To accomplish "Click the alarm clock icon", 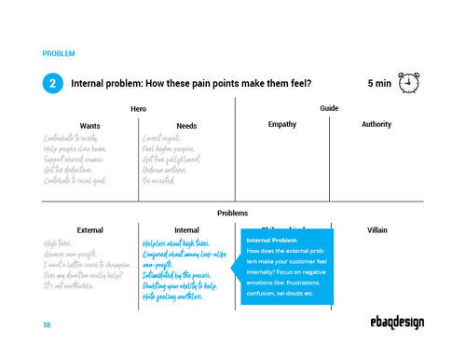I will click(x=408, y=83).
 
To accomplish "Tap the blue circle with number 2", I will click(x=53, y=83).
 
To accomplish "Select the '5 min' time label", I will click(x=378, y=84).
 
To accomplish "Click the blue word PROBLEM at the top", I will click(x=59, y=53).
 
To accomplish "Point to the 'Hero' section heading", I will click(x=138, y=109).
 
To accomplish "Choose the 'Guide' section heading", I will click(x=329, y=109).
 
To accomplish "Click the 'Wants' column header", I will click(x=89, y=125).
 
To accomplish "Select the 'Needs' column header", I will click(x=186, y=125).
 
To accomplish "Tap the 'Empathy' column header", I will click(x=281, y=125).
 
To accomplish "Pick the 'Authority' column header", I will click(x=377, y=125).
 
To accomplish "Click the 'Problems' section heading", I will click(x=232, y=213).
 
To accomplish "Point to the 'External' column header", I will click(x=89, y=229).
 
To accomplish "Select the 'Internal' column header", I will click(x=186, y=229).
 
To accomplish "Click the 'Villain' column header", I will click(x=377, y=229).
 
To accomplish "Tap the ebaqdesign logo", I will click(x=396, y=323).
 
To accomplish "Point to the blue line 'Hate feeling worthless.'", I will click(x=172, y=297).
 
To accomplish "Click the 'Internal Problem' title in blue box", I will click(x=271, y=241).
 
